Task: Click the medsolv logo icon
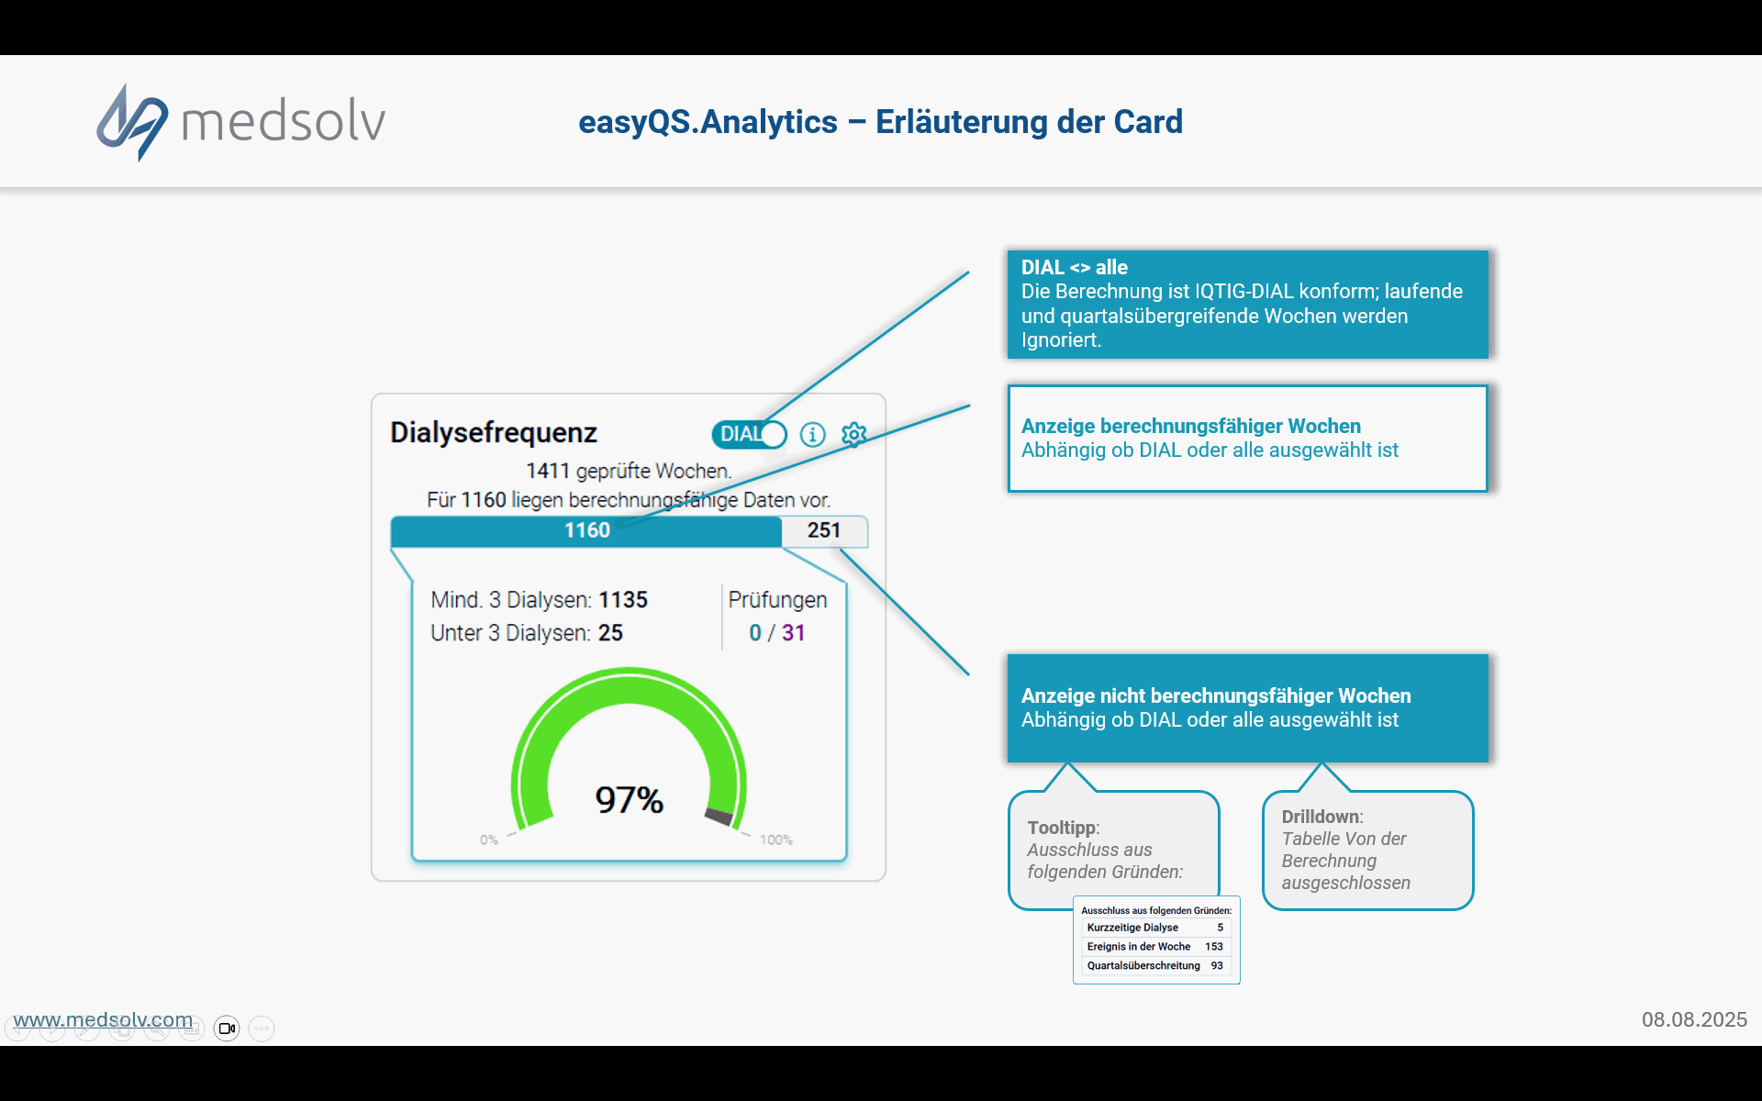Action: pos(132,122)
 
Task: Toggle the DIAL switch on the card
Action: pos(749,434)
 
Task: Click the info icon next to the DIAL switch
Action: pos(812,434)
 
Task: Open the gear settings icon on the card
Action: pos(854,434)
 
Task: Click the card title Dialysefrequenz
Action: pos(494,432)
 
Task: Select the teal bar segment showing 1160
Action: pos(586,530)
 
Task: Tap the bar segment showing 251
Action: pos(824,530)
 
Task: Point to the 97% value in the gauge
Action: pos(629,799)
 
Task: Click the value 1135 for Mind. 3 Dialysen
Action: pos(623,600)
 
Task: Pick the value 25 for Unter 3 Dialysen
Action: pos(610,633)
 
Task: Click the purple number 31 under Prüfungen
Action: pos(793,633)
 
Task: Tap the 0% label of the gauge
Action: pos(488,840)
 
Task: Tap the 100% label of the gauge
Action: pos(775,840)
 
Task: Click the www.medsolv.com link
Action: pos(103,1019)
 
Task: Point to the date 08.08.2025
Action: pos(1694,1019)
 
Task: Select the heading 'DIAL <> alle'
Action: pos(1075,267)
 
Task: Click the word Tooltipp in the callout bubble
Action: pos(1062,828)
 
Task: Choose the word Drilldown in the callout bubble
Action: pos(1321,817)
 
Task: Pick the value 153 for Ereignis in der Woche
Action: pos(1214,946)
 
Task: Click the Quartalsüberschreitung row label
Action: pos(1143,965)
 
